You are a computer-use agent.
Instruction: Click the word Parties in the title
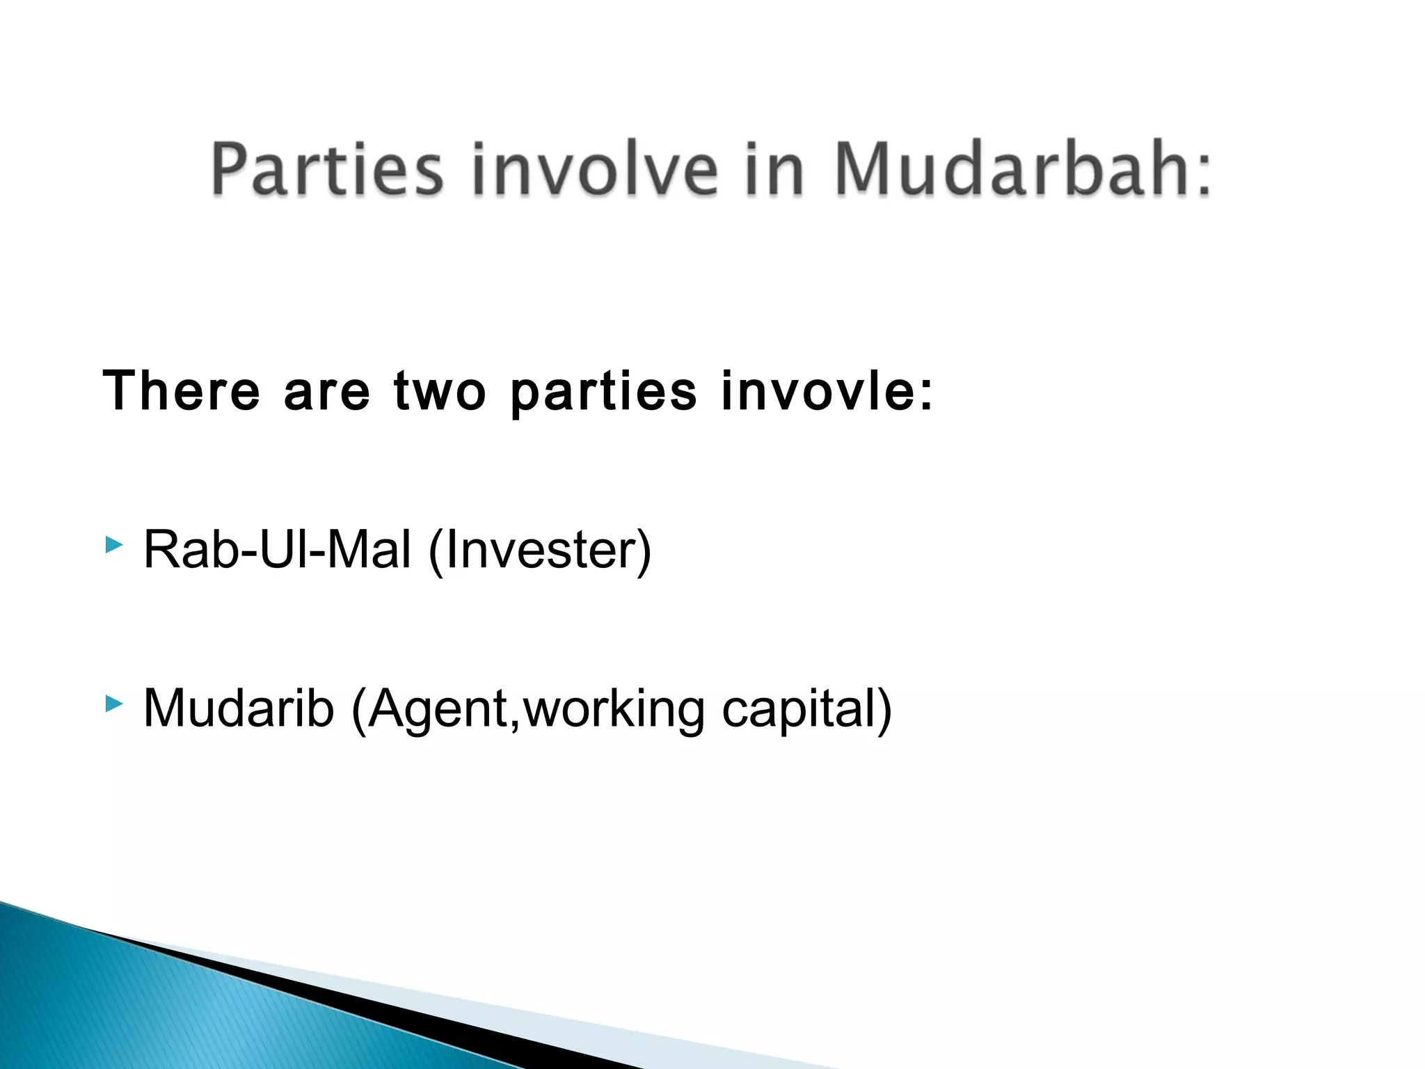[327, 169]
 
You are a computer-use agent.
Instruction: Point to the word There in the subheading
[181, 391]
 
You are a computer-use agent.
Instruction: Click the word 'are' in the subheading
[327, 391]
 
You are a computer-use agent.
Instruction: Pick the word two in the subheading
[440, 391]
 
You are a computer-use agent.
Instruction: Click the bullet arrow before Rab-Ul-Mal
[114, 545]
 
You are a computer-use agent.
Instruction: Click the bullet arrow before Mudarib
[114, 704]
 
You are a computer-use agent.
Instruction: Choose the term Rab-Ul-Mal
[277, 550]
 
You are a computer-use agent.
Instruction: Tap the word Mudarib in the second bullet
[239, 708]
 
